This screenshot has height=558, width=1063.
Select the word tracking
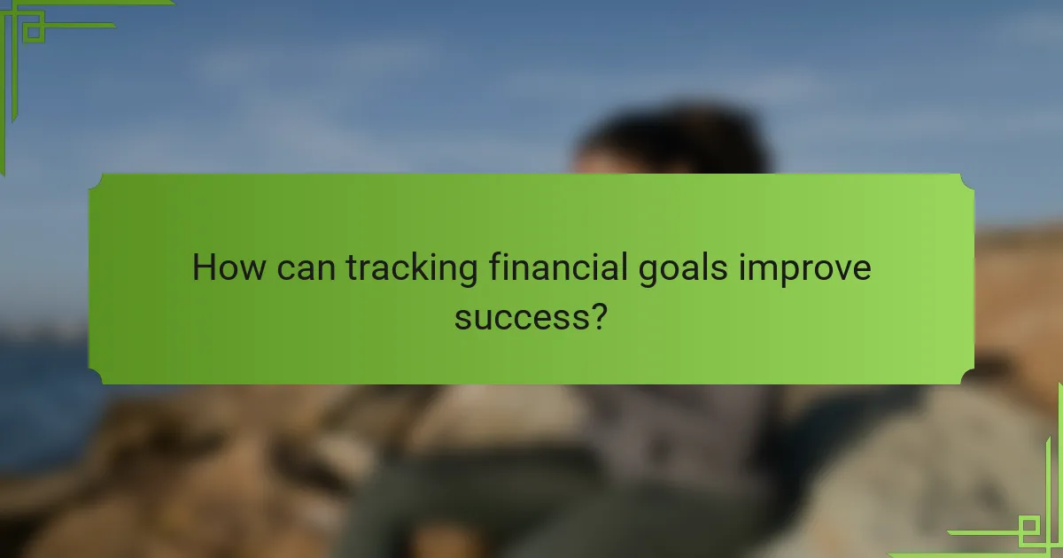click(x=412, y=268)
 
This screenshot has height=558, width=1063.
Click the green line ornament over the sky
click(x=35, y=27)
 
